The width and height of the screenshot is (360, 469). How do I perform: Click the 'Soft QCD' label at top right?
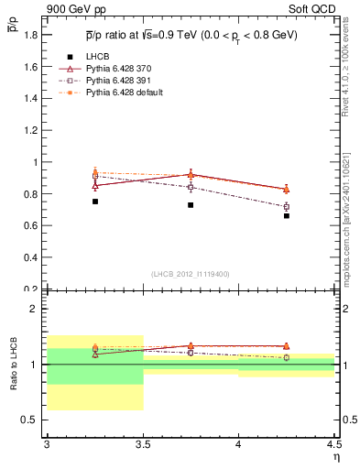point(313,9)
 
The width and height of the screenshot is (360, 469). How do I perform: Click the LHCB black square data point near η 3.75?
point(191,205)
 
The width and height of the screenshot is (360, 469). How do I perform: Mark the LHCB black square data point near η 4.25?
point(287,216)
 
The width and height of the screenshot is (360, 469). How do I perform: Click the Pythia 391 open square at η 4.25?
point(287,207)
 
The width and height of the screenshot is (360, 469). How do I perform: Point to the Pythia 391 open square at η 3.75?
point(191,187)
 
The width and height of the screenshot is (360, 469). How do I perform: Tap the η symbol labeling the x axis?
point(335,456)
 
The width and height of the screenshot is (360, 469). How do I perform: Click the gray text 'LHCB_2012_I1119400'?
point(191,274)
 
